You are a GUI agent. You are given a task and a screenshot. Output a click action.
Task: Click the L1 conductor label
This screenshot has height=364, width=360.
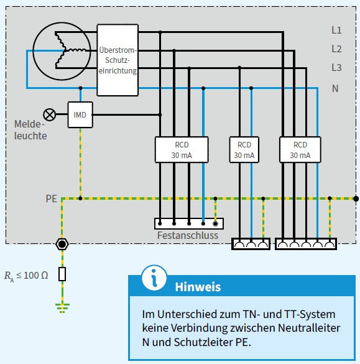coord(336,30)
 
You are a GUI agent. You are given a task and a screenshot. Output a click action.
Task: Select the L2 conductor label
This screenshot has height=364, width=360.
coord(336,49)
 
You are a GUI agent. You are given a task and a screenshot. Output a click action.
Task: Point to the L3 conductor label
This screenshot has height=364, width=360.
coord(336,67)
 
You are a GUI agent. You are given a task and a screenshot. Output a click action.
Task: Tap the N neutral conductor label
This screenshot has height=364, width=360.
coord(335,88)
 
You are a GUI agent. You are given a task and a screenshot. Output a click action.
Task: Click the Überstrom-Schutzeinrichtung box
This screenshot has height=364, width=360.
coord(118,60)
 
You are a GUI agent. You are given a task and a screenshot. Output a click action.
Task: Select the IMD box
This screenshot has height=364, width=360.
coord(80,115)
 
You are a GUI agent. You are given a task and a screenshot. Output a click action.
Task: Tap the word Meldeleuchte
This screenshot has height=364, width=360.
coord(30,130)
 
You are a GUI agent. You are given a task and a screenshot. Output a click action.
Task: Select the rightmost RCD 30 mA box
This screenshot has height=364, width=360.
coord(301,150)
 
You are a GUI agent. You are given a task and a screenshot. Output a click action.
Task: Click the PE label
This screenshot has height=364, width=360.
coord(52,199)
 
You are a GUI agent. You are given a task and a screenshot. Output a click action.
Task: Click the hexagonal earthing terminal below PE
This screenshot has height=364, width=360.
coord(62,243)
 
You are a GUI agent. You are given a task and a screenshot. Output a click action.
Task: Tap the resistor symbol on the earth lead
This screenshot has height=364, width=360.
coord(62,274)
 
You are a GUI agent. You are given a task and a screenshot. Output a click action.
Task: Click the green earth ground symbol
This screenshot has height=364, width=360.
coord(62,306)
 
